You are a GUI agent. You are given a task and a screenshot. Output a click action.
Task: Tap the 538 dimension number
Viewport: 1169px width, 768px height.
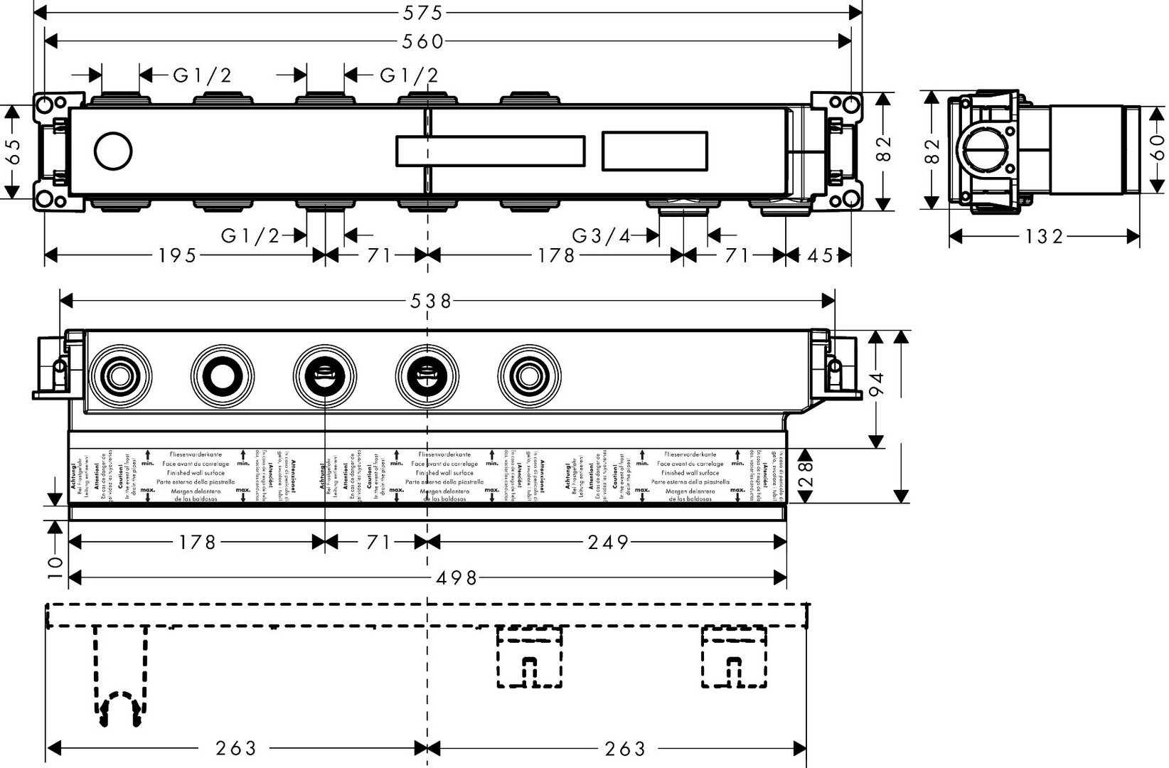[430, 302]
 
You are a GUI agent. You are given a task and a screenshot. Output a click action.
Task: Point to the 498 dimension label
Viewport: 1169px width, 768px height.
[457, 577]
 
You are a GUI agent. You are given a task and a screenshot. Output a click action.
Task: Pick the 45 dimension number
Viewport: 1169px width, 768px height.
[819, 255]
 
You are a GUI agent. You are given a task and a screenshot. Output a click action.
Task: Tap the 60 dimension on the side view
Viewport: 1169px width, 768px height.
[1156, 148]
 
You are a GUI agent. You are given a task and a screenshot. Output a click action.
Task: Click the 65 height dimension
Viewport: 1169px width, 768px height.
[12, 151]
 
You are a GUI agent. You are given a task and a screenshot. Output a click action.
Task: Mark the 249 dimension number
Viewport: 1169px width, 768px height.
[609, 543]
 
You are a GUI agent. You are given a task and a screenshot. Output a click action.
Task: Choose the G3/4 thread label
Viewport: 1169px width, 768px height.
[602, 235]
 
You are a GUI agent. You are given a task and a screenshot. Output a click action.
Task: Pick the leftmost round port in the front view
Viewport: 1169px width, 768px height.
[120, 375]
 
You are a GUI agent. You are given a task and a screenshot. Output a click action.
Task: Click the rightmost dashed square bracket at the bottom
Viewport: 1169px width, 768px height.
[735, 658]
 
